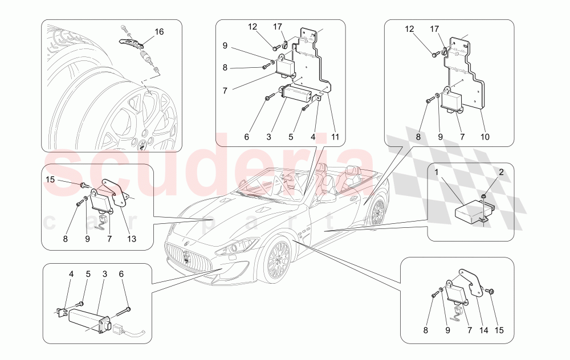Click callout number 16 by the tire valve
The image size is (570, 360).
tap(159, 32)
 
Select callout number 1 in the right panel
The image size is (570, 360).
tap(436, 172)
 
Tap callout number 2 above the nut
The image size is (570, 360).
tap(501, 172)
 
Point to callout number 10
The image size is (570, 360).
tap(485, 137)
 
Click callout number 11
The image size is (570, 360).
tap(335, 137)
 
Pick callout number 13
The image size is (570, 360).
tap(131, 239)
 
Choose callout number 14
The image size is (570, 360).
tap(483, 330)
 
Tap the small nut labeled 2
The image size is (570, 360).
tap(484, 197)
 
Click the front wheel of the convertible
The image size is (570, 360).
tap(278, 259)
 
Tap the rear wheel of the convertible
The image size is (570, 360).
tap(378, 211)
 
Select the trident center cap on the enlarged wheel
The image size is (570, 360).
tap(142, 142)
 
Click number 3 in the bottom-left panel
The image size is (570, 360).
tap(105, 274)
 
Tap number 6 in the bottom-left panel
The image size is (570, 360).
tap(121, 274)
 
